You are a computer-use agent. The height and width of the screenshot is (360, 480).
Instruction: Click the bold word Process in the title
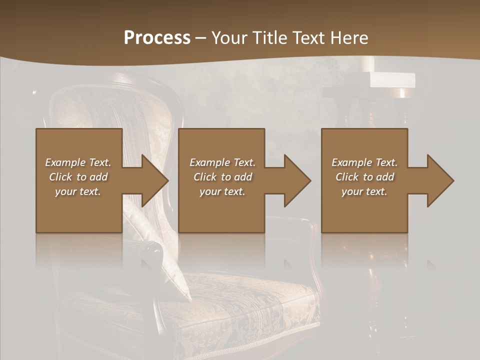point(157,38)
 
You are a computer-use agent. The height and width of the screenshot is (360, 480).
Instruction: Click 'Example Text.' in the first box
point(78,162)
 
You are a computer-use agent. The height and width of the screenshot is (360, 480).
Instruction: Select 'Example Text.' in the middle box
point(222,162)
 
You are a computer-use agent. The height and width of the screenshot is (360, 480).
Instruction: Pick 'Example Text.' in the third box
point(364,162)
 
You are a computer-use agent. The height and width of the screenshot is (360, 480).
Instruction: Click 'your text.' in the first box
point(78,191)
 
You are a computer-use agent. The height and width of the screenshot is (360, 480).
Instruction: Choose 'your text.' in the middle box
point(222,191)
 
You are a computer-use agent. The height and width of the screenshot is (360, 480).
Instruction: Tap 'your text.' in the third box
point(364,191)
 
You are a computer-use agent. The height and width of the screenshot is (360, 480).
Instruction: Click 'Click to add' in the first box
point(78,177)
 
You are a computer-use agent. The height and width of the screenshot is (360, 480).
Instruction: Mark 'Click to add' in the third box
point(364,177)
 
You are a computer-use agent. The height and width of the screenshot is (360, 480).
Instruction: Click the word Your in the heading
point(228,38)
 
